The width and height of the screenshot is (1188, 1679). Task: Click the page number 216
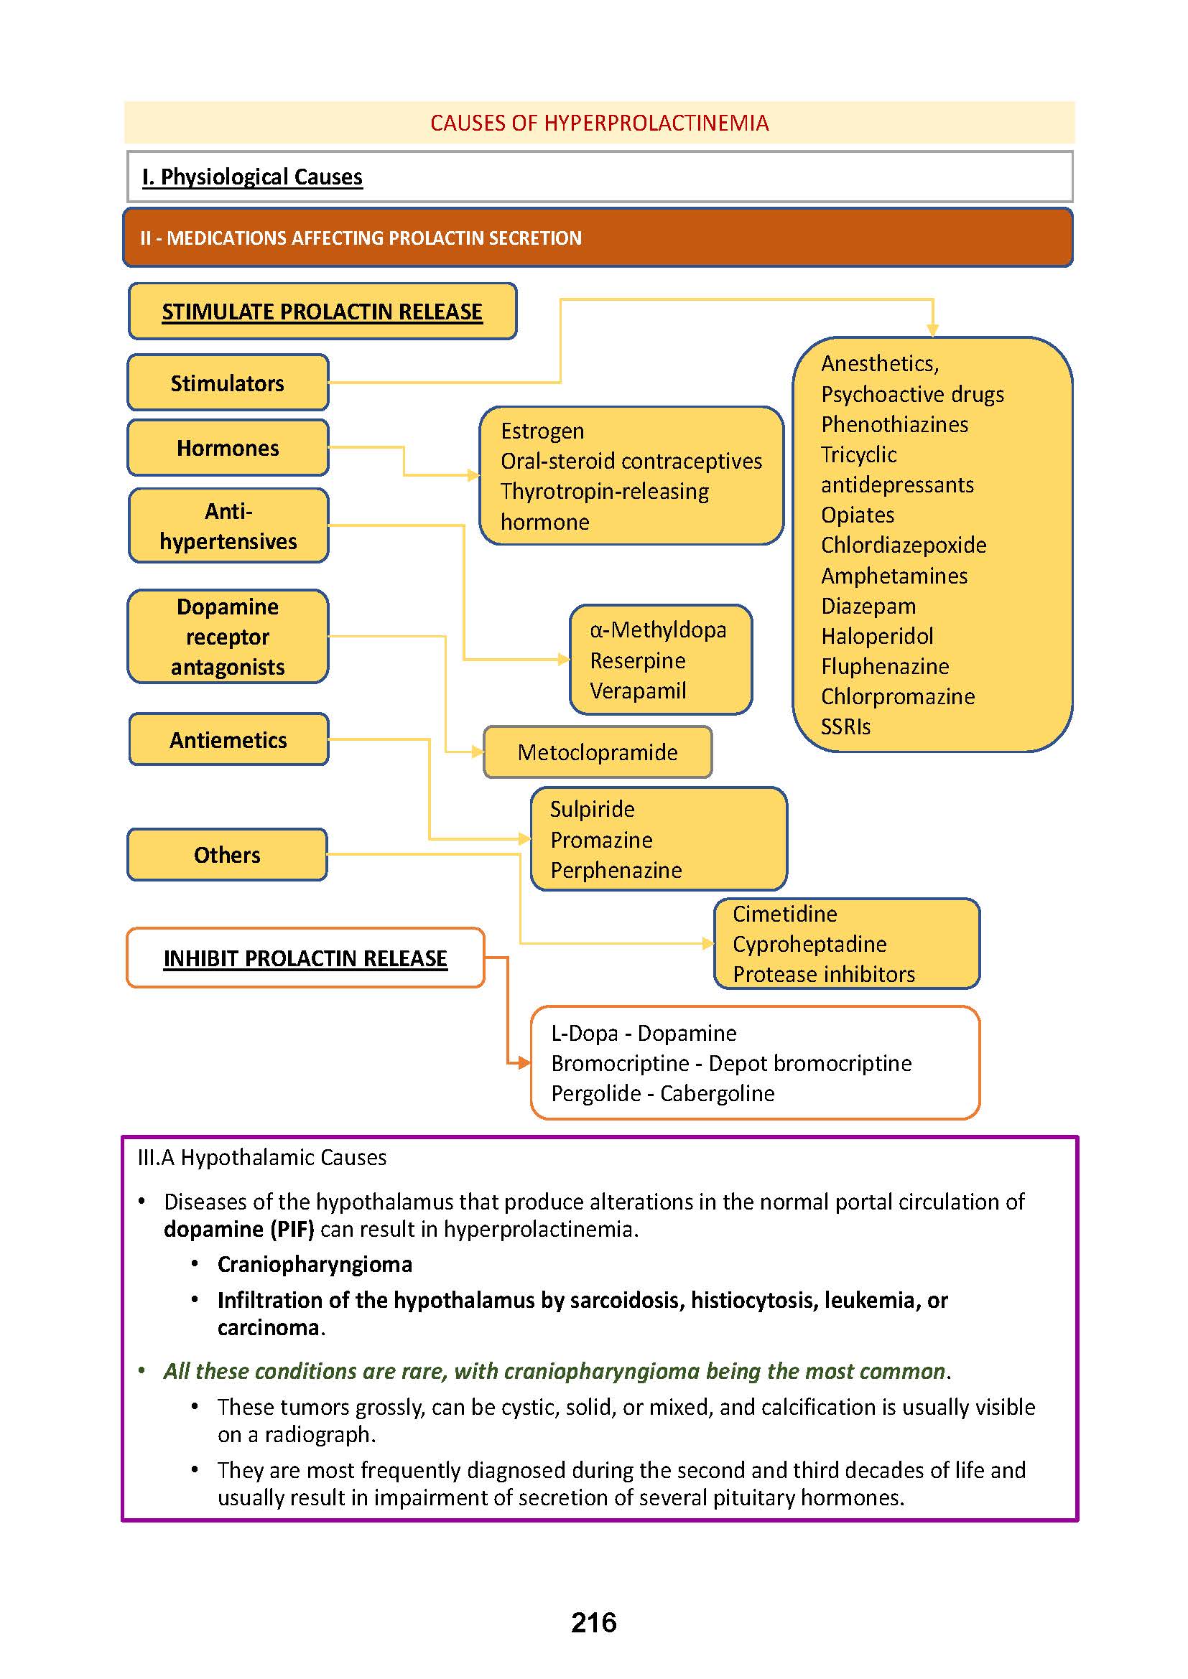(593, 1622)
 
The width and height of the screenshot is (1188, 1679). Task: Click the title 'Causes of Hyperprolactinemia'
(599, 123)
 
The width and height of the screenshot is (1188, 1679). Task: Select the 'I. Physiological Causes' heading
(252, 177)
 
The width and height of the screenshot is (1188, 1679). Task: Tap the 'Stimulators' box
(228, 383)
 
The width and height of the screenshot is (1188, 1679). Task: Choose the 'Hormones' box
(228, 447)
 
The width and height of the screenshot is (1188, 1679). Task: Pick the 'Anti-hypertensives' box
(228, 525)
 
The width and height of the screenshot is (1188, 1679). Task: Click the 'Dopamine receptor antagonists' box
(228, 637)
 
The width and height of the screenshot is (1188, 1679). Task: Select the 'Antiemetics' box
(228, 740)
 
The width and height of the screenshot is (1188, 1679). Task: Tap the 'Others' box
(227, 855)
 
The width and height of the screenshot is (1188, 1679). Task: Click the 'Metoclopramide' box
(597, 752)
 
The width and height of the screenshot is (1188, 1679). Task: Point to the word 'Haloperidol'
(877, 636)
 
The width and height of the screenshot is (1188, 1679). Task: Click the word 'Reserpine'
(638, 660)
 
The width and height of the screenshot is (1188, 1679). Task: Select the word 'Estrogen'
(542, 431)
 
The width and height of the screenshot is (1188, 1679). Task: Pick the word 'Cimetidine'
(785, 914)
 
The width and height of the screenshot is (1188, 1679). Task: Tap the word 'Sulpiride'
(592, 810)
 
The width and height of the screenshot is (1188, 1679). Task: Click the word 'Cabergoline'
(717, 1093)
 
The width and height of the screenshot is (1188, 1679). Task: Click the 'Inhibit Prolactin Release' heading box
(305, 958)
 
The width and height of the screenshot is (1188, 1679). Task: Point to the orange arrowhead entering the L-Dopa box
(524, 1062)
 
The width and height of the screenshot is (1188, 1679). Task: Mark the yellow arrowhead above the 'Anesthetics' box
(933, 330)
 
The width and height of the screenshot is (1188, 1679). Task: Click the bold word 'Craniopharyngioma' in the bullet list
(315, 1264)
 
